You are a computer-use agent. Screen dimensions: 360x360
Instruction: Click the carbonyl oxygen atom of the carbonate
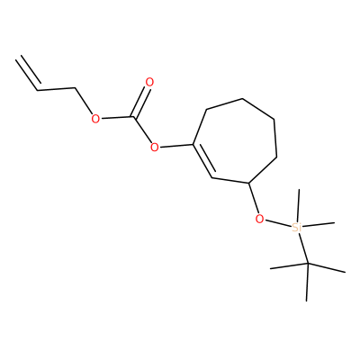pos(149,82)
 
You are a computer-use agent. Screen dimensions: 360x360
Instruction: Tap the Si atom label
pos(296,228)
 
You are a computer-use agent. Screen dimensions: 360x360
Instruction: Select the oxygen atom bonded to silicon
pos(260,219)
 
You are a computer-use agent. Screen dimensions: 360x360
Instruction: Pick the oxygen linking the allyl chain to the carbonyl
pos(95,119)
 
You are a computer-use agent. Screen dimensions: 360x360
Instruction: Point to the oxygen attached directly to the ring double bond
pos(155,148)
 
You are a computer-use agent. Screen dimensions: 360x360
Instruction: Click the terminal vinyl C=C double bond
pos(28,73)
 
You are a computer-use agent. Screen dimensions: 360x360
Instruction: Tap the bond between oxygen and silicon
pos(278,223)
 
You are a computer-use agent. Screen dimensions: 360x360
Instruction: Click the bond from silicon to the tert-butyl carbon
pos(303,248)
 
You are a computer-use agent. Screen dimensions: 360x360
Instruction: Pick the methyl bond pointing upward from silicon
pos(298,205)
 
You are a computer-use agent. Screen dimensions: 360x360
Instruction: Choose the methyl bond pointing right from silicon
pos(318,224)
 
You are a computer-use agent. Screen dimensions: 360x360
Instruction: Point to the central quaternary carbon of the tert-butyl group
pos(308,264)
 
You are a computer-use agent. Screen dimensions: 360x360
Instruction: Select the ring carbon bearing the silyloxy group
pos(248,183)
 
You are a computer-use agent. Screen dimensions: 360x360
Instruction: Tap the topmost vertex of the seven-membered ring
pos(242,98)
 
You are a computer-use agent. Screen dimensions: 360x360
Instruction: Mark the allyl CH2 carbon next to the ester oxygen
pos(75,88)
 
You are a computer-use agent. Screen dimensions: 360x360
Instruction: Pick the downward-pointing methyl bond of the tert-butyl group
pos(308,283)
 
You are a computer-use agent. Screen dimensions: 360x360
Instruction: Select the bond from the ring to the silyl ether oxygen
pos(254,198)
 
